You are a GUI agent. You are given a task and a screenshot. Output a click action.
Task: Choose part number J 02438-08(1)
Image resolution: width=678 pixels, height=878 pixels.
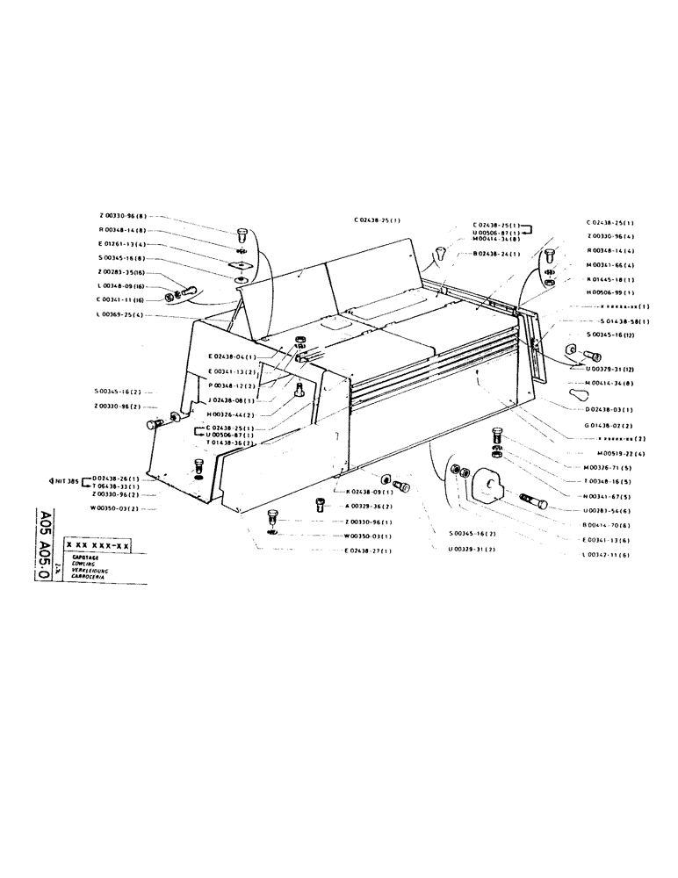(x=233, y=399)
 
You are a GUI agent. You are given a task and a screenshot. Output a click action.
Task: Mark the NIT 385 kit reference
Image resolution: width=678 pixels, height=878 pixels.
(x=66, y=481)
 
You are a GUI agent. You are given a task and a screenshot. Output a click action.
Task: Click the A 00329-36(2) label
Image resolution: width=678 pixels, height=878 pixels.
(x=367, y=507)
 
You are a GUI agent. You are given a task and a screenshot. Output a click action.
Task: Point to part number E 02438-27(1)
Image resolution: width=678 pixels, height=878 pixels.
(x=366, y=550)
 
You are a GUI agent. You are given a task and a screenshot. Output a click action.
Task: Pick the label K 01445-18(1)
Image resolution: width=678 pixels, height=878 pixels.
(x=609, y=278)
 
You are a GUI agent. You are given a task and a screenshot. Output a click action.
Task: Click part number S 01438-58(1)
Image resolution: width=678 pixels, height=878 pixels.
(x=624, y=323)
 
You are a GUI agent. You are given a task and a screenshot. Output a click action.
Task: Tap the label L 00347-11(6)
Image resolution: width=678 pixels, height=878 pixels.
(x=609, y=555)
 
